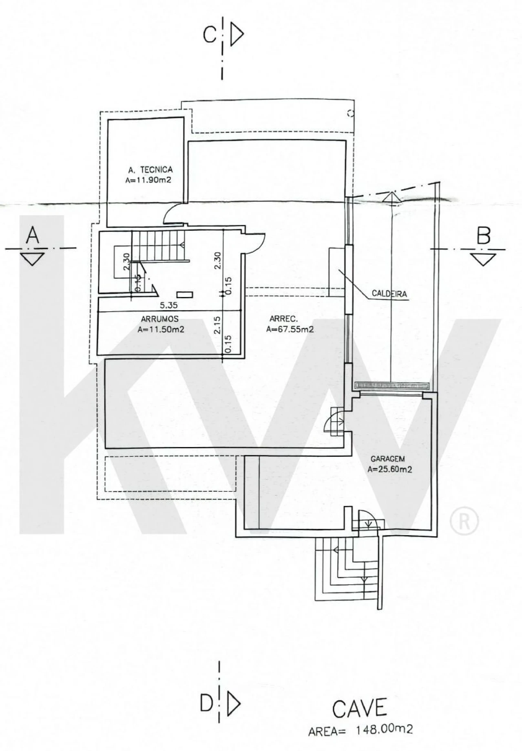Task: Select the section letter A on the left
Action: (33, 236)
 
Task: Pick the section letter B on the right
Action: (483, 236)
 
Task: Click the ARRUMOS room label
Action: (160, 319)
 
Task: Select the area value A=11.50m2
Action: (161, 329)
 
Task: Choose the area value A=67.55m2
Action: (290, 329)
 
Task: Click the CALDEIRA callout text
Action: (389, 293)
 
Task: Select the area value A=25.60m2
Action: (390, 469)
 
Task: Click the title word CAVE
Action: (359, 709)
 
